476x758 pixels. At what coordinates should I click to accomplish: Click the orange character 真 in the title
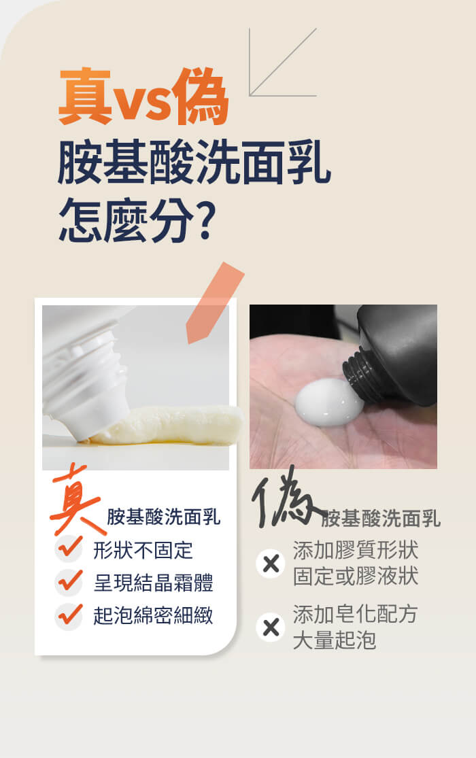click(85, 97)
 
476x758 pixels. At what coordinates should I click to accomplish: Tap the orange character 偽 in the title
click(200, 97)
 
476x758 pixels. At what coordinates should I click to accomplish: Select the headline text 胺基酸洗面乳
click(194, 162)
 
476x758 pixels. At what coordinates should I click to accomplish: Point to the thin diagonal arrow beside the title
click(283, 62)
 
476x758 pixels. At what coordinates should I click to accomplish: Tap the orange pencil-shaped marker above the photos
click(215, 303)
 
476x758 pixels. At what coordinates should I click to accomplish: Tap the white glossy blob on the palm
click(328, 402)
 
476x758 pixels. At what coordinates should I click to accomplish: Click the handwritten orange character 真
click(76, 500)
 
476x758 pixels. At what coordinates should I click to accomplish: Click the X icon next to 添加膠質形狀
click(271, 564)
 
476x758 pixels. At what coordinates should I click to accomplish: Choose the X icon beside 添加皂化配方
click(271, 627)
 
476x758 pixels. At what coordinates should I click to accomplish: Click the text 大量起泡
click(335, 640)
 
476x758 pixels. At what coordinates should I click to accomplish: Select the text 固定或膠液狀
click(356, 576)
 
